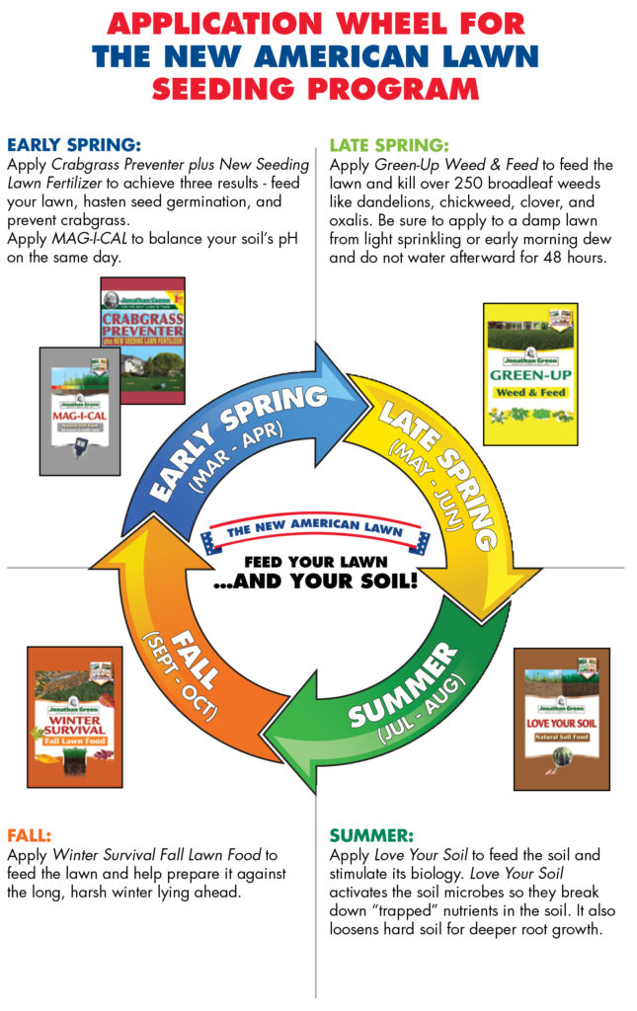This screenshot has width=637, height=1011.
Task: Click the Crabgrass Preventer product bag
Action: pos(142,326)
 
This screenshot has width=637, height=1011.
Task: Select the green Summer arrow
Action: pos(395,701)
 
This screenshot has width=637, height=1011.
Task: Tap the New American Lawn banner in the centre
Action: pos(316,533)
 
